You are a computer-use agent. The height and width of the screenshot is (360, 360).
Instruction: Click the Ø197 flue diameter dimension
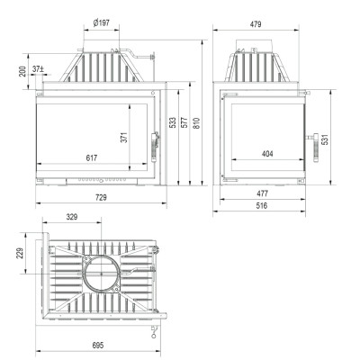102,22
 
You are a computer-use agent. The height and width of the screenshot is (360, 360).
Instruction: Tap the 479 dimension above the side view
256,24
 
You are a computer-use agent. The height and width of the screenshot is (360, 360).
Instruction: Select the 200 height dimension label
22,71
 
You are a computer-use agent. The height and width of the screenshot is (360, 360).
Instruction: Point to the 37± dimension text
38,69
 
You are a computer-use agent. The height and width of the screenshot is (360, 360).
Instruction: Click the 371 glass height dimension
124,138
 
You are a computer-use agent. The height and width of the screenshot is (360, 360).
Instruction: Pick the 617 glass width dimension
92,157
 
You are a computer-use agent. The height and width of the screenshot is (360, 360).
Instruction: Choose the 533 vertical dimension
173,122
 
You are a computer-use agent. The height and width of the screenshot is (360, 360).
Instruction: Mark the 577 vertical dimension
184,122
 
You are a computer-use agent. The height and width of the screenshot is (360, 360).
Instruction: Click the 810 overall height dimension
196,123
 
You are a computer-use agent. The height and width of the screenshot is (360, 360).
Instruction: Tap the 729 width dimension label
101,197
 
